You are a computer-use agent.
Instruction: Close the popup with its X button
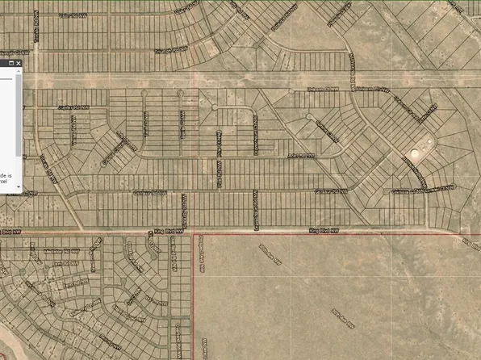pos(18,62)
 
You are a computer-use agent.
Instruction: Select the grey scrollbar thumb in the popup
pos(19,113)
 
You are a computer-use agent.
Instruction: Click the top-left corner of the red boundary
pos(194,234)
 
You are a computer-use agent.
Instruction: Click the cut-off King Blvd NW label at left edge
pos(10,230)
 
